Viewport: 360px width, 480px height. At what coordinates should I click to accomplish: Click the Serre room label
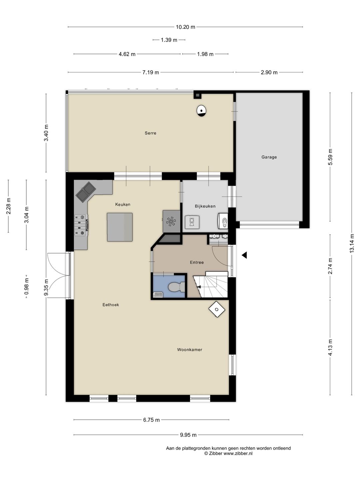click(150, 133)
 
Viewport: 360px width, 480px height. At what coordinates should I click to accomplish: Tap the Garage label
click(269, 157)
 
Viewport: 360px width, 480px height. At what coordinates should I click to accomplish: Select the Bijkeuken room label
click(205, 206)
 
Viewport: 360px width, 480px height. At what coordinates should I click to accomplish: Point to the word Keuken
click(123, 204)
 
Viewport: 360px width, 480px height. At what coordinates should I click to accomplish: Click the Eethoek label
click(111, 305)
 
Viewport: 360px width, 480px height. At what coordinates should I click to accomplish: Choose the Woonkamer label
click(190, 350)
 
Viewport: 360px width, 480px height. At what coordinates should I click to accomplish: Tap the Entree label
click(197, 262)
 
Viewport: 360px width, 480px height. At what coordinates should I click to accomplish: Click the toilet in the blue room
click(177, 287)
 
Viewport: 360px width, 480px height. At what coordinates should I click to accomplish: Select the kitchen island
click(120, 227)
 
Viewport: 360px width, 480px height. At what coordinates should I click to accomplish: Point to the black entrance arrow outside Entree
click(244, 255)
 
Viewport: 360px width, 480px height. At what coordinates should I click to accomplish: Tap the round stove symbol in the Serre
click(201, 111)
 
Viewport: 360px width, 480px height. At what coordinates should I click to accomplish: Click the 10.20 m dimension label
click(185, 27)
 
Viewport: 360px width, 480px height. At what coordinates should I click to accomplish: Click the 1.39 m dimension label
click(169, 40)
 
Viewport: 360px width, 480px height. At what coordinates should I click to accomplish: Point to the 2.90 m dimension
click(269, 72)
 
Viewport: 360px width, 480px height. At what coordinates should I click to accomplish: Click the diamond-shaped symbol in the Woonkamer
click(217, 309)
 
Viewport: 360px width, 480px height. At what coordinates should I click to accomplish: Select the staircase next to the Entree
click(210, 285)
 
